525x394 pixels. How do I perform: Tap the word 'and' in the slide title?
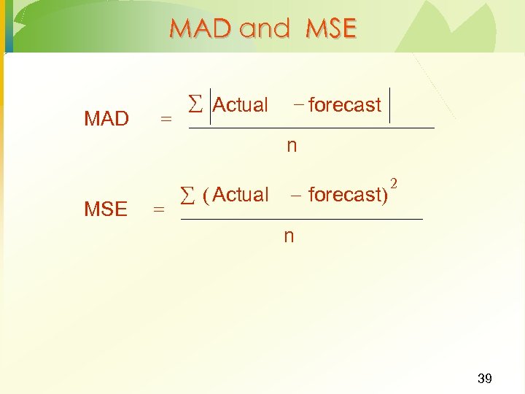[265, 28]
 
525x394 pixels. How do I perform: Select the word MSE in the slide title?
[330, 28]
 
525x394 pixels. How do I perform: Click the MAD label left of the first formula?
[106, 119]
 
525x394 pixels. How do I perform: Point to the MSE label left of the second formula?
[106, 210]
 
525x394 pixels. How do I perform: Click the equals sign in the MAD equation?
[167, 120]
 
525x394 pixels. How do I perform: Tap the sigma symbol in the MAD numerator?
[195, 105]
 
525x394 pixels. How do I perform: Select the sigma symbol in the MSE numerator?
[187, 196]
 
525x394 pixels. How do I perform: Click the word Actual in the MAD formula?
[241, 105]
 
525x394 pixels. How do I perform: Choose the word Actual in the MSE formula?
[241, 196]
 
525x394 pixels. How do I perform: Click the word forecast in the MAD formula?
[345, 105]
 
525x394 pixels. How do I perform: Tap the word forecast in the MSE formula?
[343, 196]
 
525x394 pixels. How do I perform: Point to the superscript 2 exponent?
[394, 182]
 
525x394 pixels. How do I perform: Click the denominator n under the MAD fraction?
[292, 146]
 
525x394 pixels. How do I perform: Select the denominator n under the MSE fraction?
[289, 236]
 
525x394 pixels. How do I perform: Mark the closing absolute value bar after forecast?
[391, 105]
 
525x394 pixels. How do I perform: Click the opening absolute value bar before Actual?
[211, 105]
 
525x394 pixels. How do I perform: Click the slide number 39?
[484, 378]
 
